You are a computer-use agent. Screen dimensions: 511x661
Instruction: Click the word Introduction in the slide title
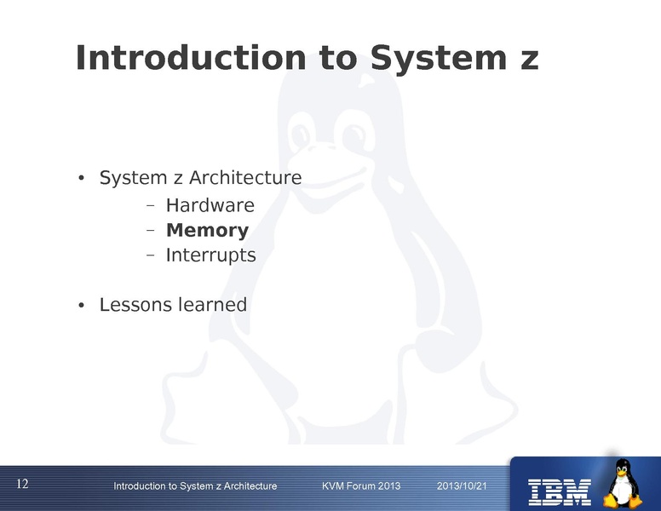pyautogui.click(x=190, y=58)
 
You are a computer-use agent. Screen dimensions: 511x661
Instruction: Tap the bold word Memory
pyautogui.click(x=207, y=230)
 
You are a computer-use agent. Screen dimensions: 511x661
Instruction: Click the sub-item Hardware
pyautogui.click(x=210, y=205)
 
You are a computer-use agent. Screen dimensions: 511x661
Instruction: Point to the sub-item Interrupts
pyautogui.click(x=210, y=255)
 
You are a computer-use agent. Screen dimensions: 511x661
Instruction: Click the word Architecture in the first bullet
pyautogui.click(x=245, y=179)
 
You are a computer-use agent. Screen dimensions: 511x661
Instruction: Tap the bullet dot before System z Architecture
pyautogui.click(x=81, y=180)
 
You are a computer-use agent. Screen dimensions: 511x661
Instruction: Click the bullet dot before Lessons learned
pyautogui.click(x=81, y=305)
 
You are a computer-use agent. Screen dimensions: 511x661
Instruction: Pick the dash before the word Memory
pyautogui.click(x=149, y=231)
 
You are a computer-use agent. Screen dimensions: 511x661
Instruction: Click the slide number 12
pyautogui.click(x=22, y=484)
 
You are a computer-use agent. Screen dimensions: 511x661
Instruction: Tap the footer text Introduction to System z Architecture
pyautogui.click(x=195, y=485)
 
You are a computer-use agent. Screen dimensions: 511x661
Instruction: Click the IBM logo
pyautogui.click(x=560, y=490)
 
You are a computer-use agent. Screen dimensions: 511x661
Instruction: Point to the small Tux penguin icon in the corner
pyautogui.click(x=625, y=483)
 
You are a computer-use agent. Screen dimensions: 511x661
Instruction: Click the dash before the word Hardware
pyautogui.click(x=149, y=206)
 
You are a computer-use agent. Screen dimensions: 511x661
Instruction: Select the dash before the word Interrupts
pyautogui.click(x=149, y=255)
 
